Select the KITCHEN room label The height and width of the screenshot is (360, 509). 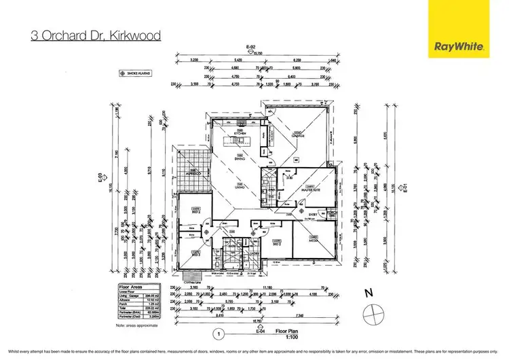click(238, 133)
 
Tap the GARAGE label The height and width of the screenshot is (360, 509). click(297, 135)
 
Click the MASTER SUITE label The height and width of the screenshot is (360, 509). click(312, 190)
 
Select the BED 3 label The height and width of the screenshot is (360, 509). click(195, 254)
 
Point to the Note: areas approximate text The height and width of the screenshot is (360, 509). click(138, 326)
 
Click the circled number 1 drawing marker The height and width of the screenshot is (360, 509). click(219, 334)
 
